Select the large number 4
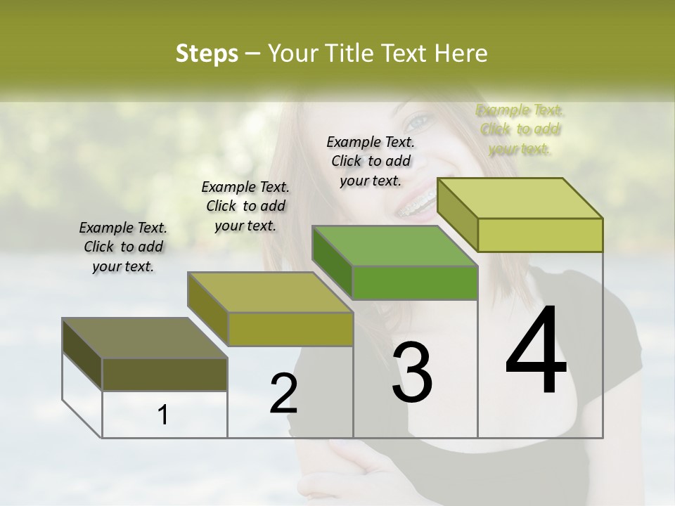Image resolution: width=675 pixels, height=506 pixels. point(536,351)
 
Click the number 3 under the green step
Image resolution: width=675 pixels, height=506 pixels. point(412,372)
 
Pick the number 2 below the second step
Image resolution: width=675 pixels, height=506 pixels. point(283,394)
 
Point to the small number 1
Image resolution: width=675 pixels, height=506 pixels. point(162,415)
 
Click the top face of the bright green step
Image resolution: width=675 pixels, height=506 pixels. point(394,246)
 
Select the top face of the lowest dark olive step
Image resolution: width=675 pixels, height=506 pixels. point(144,338)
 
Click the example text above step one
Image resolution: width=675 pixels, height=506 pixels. point(123,247)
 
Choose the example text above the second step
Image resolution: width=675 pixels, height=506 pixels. point(245,206)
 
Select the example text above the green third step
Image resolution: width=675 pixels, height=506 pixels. point(371,161)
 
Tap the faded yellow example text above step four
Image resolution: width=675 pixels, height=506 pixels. point(520,129)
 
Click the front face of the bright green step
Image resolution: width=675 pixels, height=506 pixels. point(415,283)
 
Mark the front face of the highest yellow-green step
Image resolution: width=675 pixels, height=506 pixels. point(540,235)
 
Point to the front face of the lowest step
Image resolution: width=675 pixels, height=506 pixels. point(165,374)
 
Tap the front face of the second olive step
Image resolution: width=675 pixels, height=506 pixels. point(290,329)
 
